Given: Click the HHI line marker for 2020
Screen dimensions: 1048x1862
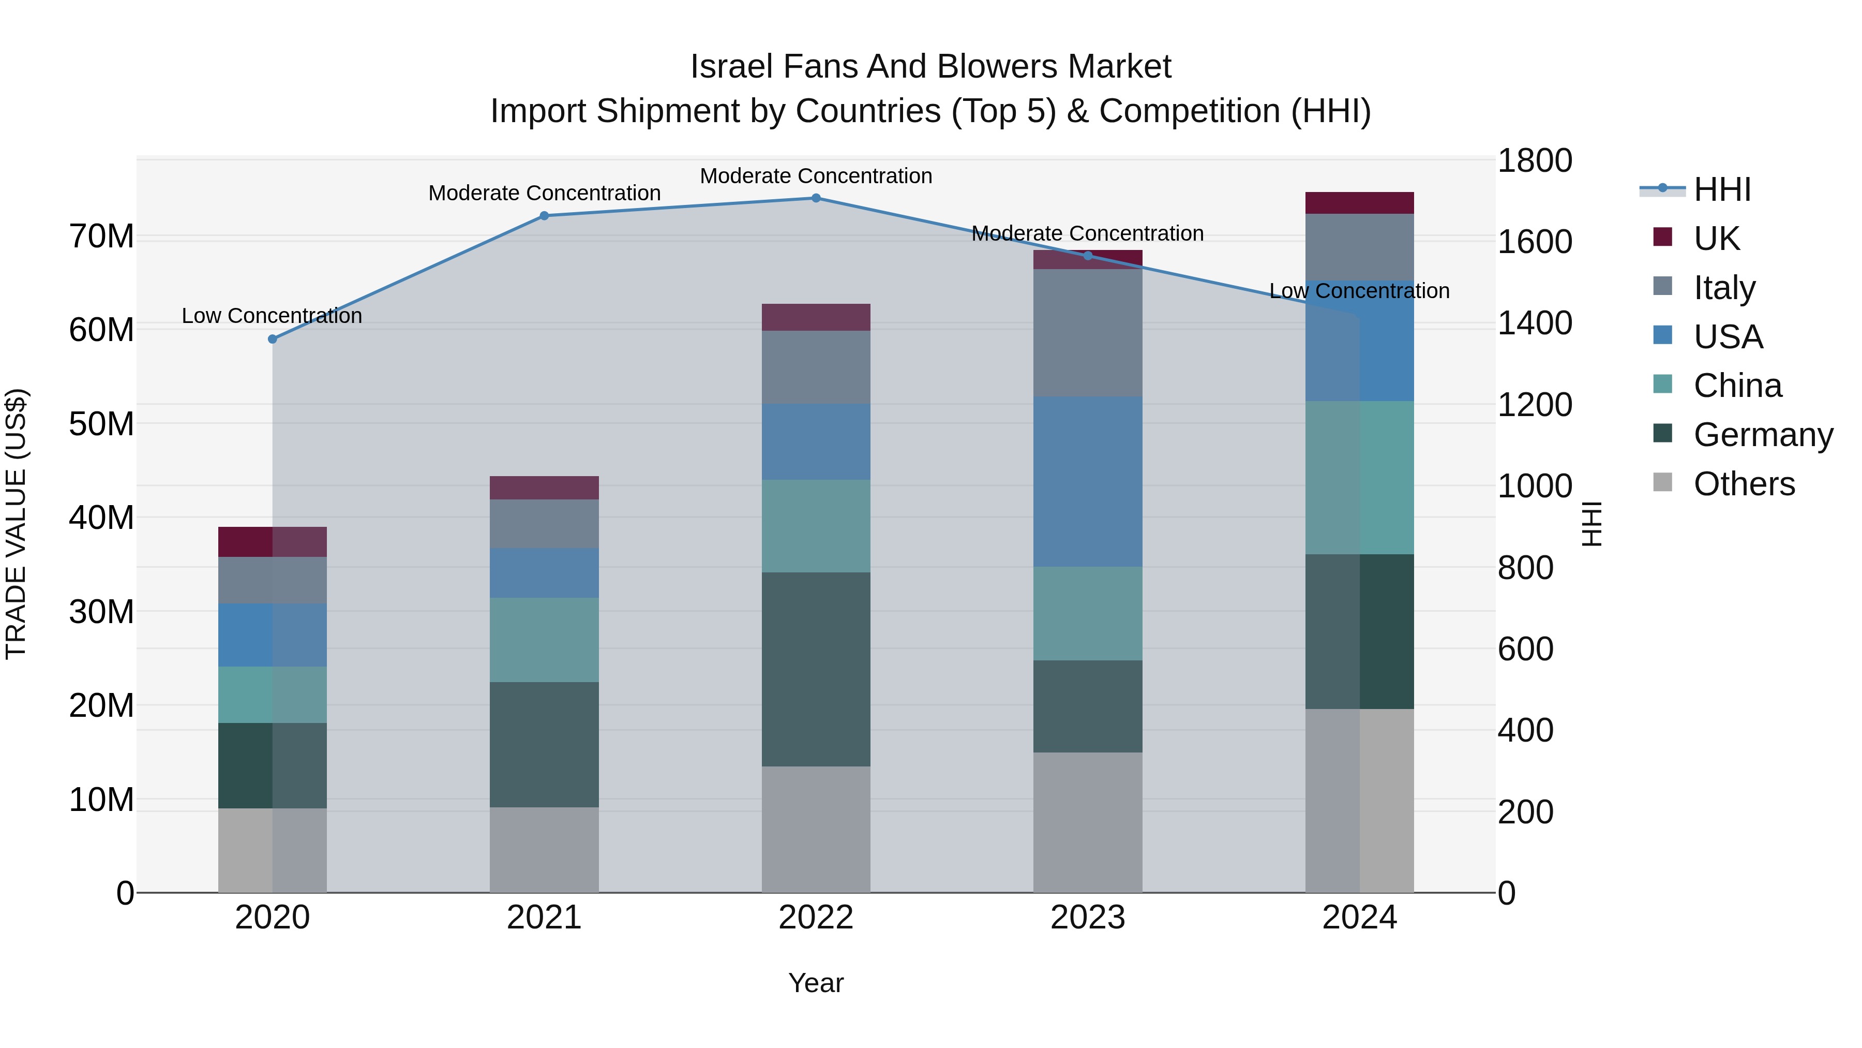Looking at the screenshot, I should tap(273, 339).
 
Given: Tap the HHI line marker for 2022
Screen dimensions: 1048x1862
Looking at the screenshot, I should tap(816, 198).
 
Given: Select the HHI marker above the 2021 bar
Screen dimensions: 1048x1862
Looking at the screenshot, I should tap(544, 215).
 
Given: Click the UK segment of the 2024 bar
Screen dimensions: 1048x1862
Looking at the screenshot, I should tap(1359, 203).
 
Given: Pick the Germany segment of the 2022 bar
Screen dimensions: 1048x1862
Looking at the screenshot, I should tap(816, 669).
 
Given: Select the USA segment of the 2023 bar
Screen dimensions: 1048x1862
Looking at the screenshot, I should tap(1087, 481).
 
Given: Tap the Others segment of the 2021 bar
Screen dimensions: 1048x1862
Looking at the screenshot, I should tap(544, 850).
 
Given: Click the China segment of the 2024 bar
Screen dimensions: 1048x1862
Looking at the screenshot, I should tap(1359, 477).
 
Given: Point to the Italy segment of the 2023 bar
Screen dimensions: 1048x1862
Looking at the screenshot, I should tap(1087, 333).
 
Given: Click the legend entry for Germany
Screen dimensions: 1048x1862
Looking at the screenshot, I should tap(1762, 435).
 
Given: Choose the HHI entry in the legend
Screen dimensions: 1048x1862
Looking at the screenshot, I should tap(1722, 189).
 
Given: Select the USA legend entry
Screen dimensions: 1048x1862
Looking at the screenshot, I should tap(1728, 337).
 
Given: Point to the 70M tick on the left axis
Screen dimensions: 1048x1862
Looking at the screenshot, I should tap(101, 237).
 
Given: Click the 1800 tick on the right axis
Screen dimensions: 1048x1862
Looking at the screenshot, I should tap(1534, 160).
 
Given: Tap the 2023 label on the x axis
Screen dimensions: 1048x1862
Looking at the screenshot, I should tap(1087, 918).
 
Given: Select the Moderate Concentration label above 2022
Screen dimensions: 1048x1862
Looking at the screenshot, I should tap(816, 176).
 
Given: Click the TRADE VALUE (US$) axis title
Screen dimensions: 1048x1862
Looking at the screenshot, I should tap(16, 524).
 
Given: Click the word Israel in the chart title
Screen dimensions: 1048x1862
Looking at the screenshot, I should tap(731, 67).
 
